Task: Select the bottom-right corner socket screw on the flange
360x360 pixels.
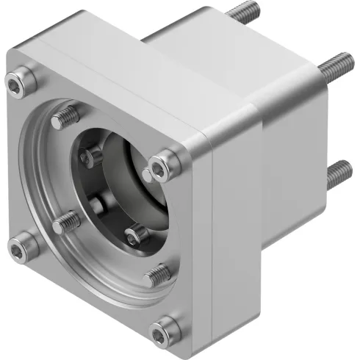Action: pos(169,325)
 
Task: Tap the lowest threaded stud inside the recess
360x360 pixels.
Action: pos(157,276)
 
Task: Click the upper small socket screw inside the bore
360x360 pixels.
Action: pos(94,155)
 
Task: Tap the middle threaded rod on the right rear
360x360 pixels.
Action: pos(334,63)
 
